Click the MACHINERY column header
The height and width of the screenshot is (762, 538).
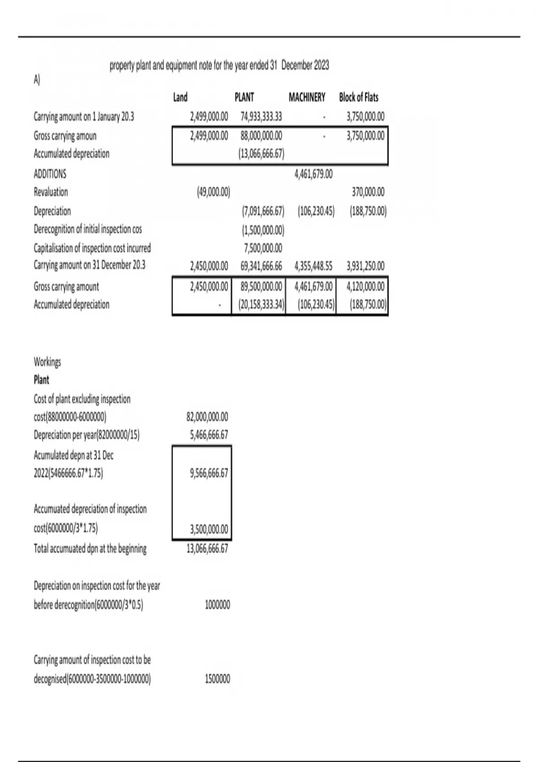[x=307, y=97]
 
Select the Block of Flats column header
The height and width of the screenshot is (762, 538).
[x=358, y=97]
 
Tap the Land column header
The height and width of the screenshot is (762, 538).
[x=180, y=97]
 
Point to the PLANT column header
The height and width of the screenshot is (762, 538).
[x=244, y=97]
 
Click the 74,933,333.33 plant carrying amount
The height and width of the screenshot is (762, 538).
[x=261, y=117]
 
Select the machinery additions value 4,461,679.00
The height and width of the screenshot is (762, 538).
[x=313, y=174]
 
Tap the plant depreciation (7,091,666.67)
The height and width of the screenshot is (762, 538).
[x=263, y=211]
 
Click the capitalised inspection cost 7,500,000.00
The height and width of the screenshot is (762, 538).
[x=262, y=248]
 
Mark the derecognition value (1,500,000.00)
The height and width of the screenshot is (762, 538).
[x=263, y=230]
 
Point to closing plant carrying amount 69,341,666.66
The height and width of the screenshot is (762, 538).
[x=261, y=266]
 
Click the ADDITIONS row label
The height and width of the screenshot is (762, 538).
[x=50, y=174]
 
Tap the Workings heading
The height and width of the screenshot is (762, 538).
[x=47, y=362]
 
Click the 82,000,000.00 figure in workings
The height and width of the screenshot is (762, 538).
[x=207, y=417]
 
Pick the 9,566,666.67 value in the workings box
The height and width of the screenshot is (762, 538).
[x=209, y=473]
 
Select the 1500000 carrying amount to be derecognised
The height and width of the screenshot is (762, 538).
[x=217, y=679]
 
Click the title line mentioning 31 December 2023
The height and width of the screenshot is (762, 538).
[x=219, y=65]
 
